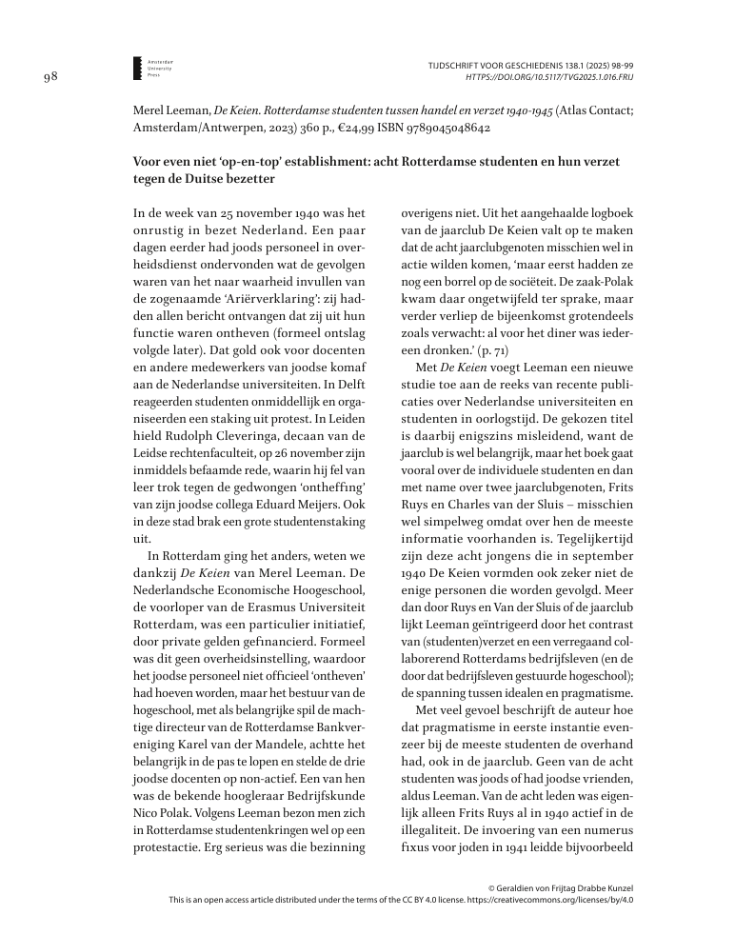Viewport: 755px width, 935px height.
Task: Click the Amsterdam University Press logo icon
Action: [x=138, y=66]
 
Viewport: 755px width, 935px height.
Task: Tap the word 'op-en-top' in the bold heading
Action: [x=264, y=162]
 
